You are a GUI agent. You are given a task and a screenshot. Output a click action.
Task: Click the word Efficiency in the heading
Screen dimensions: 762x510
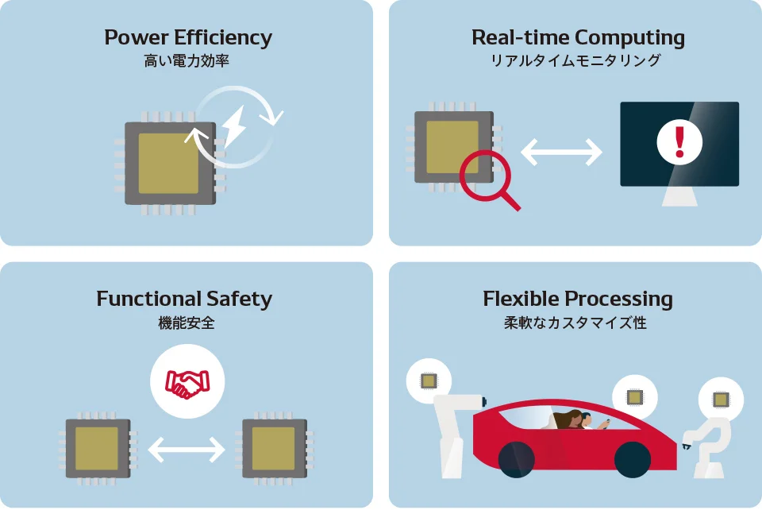[x=223, y=38]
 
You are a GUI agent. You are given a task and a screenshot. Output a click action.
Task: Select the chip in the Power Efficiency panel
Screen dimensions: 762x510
[x=170, y=164]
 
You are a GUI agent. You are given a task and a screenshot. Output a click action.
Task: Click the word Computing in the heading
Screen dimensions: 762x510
[x=630, y=38]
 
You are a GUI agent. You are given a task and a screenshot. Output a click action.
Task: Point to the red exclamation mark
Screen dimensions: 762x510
[x=679, y=142]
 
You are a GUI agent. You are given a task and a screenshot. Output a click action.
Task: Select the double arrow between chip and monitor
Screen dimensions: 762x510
[x=561, y=152]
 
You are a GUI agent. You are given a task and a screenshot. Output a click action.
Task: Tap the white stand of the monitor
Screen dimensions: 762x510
[x=680, y=196]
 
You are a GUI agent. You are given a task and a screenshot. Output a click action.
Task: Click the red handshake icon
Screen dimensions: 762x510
[x=187, y=384]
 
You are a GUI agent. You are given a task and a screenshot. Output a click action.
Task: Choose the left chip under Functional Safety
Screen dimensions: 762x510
[x=98, y=448]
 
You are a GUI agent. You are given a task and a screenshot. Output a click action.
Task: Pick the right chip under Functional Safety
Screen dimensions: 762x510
[x=275, y=448]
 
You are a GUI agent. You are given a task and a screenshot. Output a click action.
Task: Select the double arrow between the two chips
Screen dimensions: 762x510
[x=187, y=449]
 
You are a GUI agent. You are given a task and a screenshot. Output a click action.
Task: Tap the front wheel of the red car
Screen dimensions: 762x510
[x=633, y=459]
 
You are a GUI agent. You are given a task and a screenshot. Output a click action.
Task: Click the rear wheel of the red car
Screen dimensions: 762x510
[x=516, y=459]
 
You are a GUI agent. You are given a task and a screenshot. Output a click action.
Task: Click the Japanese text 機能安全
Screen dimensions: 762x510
[x=187, y=323]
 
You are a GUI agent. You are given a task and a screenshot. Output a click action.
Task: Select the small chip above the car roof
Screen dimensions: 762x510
[x=635, y=397]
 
